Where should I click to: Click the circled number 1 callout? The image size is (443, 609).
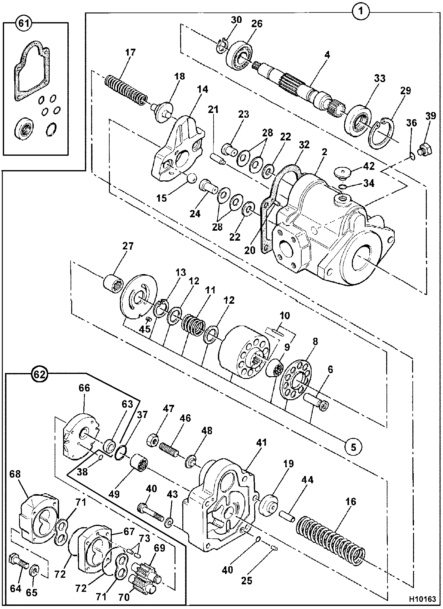pyautogui.click(x=361, y=12)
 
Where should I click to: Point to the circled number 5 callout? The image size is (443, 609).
pyautogui.click(x=353, y=447)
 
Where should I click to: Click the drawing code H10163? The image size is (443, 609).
pyautogui.click(x=422, y=600)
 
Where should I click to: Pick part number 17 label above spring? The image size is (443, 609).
pyautogui.click(x=130, y=52)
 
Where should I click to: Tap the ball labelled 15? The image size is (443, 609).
pyautogui.click(x=191, y=179)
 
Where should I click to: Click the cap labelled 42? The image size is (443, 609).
pyautogui.click(x=344, y=173)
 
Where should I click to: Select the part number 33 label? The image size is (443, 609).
pyautogui.click(x=380, y=78)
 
